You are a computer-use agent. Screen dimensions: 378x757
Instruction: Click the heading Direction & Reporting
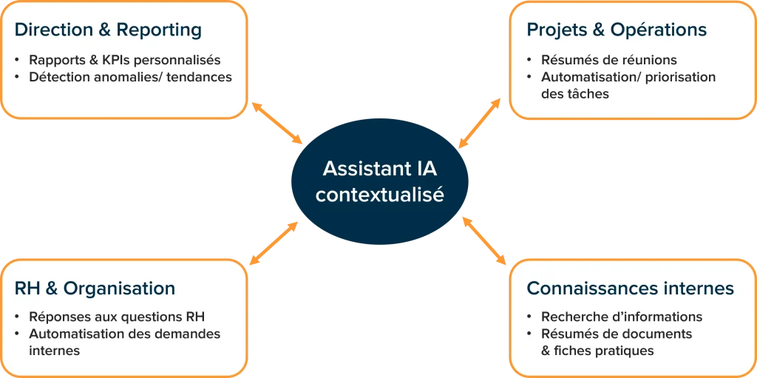click(108, 30)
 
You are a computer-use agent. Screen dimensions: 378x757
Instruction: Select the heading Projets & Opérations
click(617, 30)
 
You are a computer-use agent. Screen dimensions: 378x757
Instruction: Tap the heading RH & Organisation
click(95, 288)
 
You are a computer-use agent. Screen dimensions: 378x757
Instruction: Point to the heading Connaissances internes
click(630, 288)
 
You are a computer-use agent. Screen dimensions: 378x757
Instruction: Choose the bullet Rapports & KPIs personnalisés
click(124, 60)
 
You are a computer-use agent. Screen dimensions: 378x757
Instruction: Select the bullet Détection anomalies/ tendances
click(130, 77)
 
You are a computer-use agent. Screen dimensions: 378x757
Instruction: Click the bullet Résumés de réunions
click(598, 60)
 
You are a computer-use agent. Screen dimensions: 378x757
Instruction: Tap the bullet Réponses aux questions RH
click(116, 317)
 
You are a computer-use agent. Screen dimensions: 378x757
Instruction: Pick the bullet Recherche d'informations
click(621, 317)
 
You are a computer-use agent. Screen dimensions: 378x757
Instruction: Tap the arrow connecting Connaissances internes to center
click(485, 240)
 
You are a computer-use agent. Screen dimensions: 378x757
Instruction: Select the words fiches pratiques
click(604, 351)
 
